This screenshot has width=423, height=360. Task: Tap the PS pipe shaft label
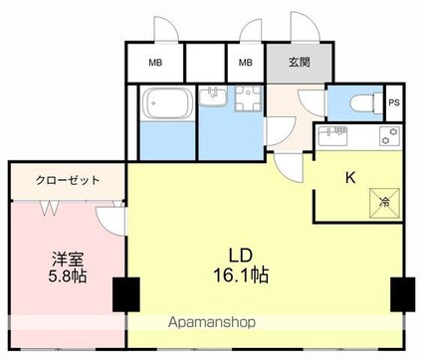[394, 103]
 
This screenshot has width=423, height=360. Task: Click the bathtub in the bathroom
[164, 104]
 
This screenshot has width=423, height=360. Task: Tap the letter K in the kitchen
[349, 179]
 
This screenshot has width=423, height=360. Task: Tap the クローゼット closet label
[68, 182]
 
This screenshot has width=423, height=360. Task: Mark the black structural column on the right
[403, 294]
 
